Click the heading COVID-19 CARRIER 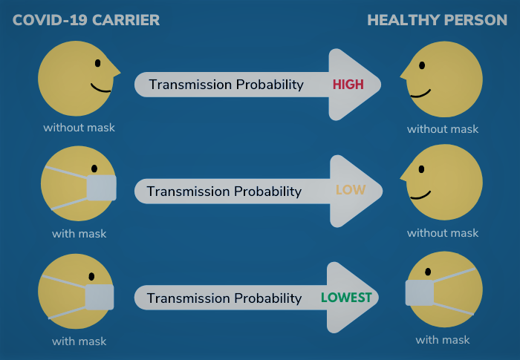(86, 20)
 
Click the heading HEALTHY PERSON (437, 20)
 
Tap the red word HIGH (348, 85)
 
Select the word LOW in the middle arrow (351, 190)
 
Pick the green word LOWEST (346, 298)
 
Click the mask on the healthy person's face (420, 292)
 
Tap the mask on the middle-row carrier (102, 188)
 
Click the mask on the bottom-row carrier (100, 297)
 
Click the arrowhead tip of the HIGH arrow (380, 85)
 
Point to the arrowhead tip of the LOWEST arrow (380, 298)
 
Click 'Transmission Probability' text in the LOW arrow (224, 192)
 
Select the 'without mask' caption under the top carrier (79, 128)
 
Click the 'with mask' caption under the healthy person (443, 340)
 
